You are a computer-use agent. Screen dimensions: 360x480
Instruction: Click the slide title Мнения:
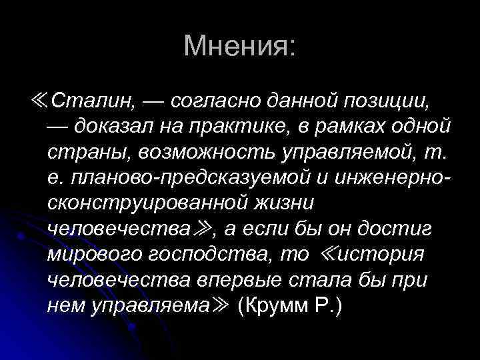coord(239,46)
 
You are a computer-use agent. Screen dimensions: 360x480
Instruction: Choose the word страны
coord(89,151)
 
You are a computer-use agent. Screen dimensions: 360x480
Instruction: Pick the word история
coord(380,253)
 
